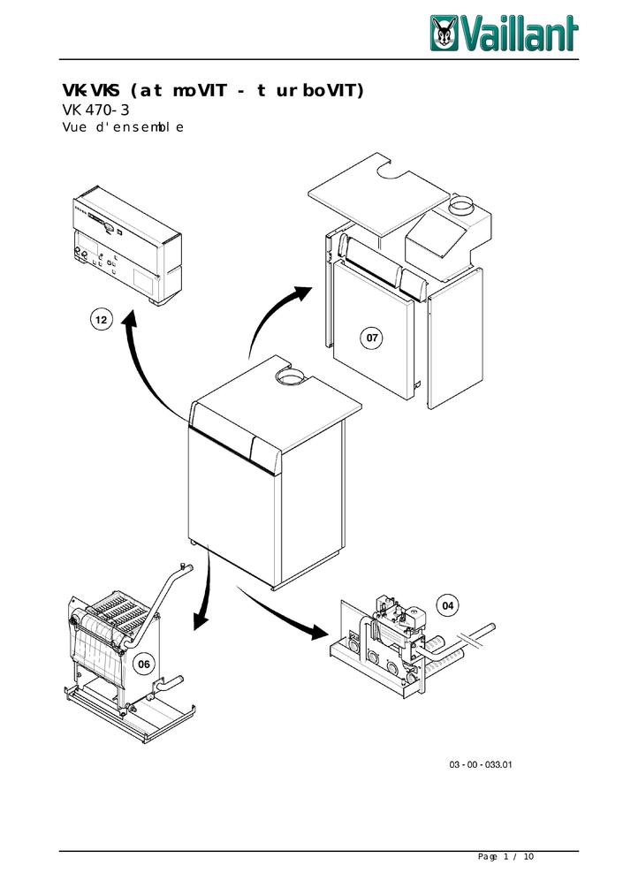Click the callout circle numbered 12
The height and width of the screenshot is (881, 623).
click(x=104, y=321)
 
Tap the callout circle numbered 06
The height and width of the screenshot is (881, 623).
click(x=142, y=664)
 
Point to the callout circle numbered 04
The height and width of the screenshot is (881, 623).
click(x=448, y=605)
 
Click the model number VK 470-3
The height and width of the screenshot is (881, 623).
click(x=96, y=111)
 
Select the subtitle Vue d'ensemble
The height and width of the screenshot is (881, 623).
click(x=123, y=129)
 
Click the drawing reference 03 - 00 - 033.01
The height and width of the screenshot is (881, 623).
click(x=481, y=763)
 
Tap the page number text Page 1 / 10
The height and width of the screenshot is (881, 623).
click(x=505, y=857)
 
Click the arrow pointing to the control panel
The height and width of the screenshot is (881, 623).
click(x=141, y=362)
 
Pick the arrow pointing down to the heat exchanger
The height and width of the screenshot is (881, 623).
click(x=205, y=592)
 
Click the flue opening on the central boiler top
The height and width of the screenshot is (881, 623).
click(x=289, y=379)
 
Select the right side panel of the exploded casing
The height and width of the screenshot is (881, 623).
click(x=455, y=340)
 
